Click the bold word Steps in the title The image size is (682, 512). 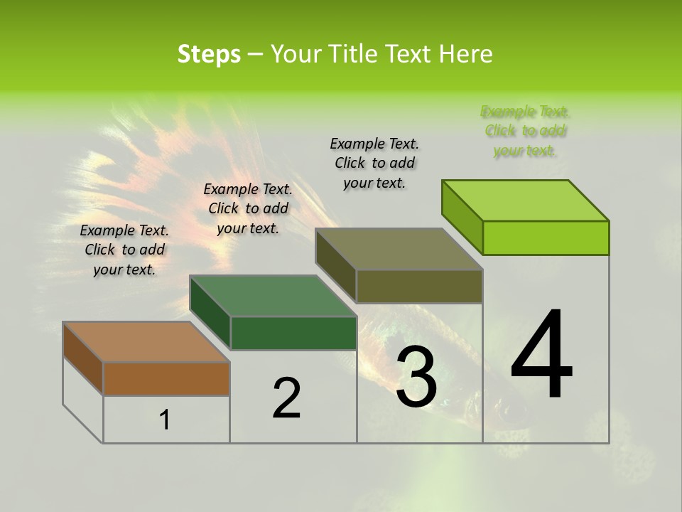209,54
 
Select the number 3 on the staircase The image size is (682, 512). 416,377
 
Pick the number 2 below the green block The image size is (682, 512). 286,398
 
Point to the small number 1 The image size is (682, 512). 165,420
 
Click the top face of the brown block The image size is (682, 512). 146,342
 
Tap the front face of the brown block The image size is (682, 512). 166,379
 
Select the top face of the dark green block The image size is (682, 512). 273,296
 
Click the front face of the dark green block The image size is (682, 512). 293,333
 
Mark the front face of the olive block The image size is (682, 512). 419,286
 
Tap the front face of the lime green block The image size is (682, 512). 546,238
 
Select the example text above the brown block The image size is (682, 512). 124,250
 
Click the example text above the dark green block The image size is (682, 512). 248,208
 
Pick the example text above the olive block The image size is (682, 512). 374,163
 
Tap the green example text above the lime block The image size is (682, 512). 526,131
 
